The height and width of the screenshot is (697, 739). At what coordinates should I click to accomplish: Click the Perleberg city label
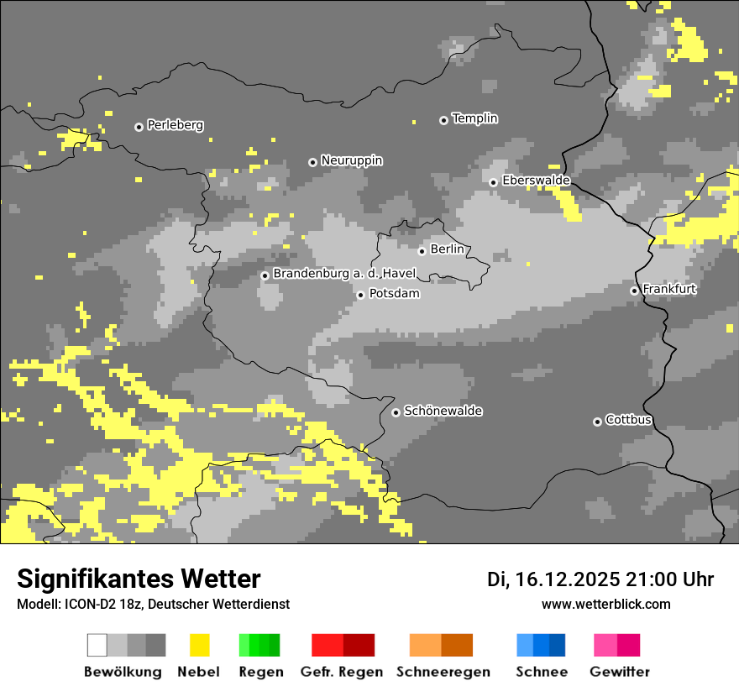[175, 125]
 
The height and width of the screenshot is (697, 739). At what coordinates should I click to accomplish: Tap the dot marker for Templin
[443, 120]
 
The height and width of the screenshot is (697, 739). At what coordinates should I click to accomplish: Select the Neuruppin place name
[351, 160]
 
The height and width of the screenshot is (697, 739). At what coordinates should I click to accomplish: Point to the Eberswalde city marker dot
[493, 182]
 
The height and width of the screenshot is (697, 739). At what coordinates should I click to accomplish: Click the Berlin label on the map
[447, 249]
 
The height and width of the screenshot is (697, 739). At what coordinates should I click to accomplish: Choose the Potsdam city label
[394, 294]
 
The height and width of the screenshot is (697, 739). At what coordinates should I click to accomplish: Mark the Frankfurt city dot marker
[634, 291]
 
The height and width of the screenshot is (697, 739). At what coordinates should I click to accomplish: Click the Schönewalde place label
[443, 411]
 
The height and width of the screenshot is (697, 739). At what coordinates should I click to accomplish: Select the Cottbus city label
[628, 420]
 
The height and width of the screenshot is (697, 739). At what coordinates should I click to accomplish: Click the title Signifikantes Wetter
[139, 579]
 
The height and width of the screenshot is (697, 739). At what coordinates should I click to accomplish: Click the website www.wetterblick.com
[605, 604]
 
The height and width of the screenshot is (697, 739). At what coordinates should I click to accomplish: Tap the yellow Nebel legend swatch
[200, 645]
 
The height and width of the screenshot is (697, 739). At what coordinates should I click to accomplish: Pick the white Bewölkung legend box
[97, 645]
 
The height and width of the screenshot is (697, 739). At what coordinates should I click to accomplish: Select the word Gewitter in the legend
[619, 672]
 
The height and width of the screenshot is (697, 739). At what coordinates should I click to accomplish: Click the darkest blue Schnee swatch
[558, 645]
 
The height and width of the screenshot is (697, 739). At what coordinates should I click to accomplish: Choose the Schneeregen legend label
[443, 672]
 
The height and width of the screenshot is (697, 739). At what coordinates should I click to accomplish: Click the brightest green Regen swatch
[244, 645]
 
